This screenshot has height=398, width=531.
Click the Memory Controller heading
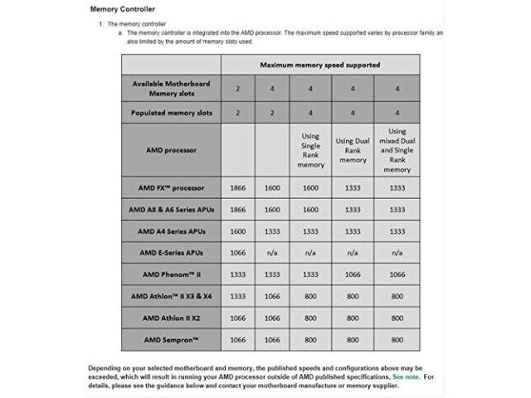click(x=121, y=9)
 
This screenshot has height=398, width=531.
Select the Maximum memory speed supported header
click(x=319, y=64)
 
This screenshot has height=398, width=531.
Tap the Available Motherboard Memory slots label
click(x=170, y=89)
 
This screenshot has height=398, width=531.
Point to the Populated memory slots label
click(x=170, y=112)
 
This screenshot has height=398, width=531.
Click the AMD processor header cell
click(x=170, y=149)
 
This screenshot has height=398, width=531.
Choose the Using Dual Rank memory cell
click(x=353, y=149)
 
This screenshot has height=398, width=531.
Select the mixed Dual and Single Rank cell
click(x=397, y=149)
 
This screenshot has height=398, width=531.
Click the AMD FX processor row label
click(x=170, y=187)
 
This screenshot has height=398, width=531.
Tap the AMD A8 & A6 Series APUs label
click(x=170, y=210)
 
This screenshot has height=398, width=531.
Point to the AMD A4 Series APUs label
click(x=170, y=231)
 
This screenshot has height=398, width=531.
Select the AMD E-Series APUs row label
click(x=170, y=252)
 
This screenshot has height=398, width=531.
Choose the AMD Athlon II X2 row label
click(x=170, y=318)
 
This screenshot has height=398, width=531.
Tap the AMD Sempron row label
click(x=170, y=339)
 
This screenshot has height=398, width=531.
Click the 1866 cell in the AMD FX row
click(x=237, y=188)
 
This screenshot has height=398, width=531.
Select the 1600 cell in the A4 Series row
click(x=237, y=231)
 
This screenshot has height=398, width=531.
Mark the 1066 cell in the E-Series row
click(x=237, y=252)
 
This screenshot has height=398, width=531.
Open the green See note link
click(x=406, y=376)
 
